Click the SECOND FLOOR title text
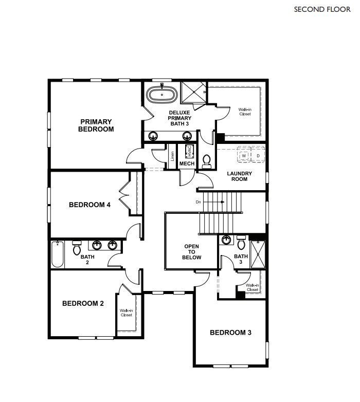[x=322, y=9]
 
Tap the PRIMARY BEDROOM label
[x=96, y=125]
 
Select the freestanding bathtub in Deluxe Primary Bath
[x=162, y=94]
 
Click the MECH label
[x=186, y=163]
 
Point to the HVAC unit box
[x=189, y=151]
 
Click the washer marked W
[x=244, y=155]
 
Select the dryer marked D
[x=258, y=155]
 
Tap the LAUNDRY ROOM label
[x=240, y=176]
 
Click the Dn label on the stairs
[x=199, y=202]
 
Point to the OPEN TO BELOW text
[x=191, y=252]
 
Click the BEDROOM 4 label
[x=89, y=205]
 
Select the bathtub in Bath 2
[x=57, y=254]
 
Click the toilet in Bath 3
[x=241, y=242]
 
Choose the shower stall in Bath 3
[x=256, y=254]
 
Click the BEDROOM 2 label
[x=83, y=303]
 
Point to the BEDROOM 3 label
[x=230, y=333]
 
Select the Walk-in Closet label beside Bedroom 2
[x=126, y=313]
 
